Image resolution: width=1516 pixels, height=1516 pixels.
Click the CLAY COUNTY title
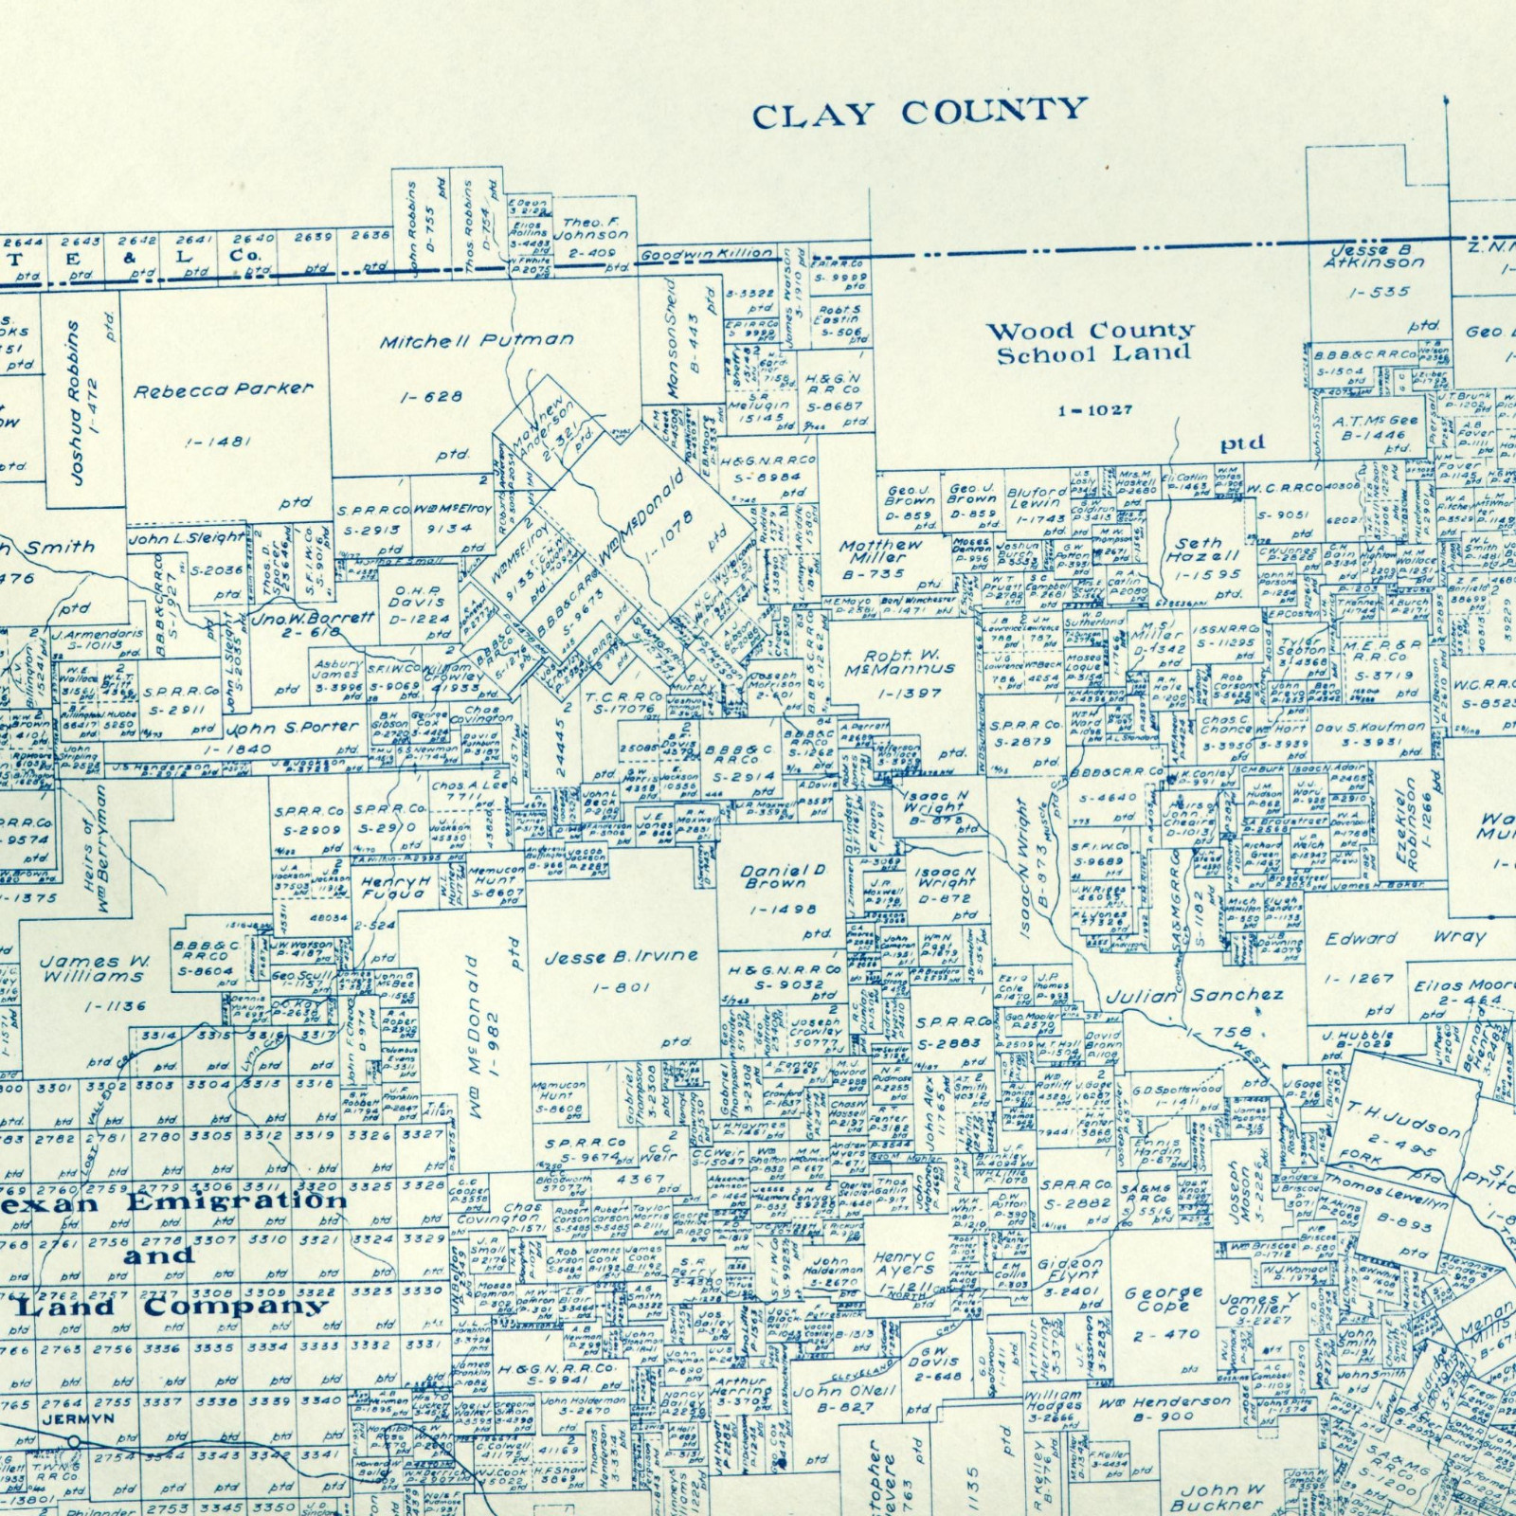(919, 112)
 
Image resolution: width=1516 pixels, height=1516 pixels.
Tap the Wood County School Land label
(1092, 343)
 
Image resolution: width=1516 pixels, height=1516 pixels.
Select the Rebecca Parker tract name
(223, 389)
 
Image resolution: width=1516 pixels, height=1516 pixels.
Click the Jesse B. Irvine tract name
(621, 957)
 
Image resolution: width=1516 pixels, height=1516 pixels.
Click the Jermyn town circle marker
(74, 1441)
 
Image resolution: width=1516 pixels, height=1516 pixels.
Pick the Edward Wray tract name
(1405, 938)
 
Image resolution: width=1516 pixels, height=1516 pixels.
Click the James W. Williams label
(94, 968)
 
